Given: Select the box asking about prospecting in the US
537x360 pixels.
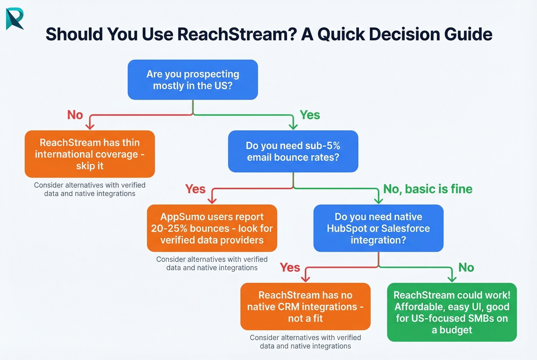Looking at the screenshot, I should [x=193, y=80].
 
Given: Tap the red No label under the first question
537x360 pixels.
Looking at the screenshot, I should [x=75, y=115].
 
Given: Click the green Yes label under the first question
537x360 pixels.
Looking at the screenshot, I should [x=310, y=115].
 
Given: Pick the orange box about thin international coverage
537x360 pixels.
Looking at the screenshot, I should [x=90, y=154].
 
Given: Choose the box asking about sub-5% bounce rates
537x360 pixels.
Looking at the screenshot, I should [x=293, y=151].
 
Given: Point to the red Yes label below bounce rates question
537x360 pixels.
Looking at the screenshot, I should [x=195, y=189].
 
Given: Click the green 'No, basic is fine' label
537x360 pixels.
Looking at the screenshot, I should [x=428, y=189].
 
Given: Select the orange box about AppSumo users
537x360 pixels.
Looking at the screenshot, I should [x=212, y=228].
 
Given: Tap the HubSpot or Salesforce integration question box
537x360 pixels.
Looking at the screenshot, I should [x=378, y=228].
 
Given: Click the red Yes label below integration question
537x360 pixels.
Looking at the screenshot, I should [x=290, y=268].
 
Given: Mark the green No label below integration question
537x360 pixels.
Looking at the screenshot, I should [x=466, y=268].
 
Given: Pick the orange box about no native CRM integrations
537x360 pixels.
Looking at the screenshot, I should [x=305, y=307].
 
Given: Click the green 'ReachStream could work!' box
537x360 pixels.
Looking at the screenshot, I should [x=452, y=312].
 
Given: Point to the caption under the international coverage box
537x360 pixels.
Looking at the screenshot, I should [x=90, y=189].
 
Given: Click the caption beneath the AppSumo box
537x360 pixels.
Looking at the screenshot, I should [x=212, y=263].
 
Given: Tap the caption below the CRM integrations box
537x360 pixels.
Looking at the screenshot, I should [x=305, y=342].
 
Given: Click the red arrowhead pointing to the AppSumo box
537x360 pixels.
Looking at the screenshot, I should [x=212, y=200].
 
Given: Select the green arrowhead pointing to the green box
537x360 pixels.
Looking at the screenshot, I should [x=452, y=278].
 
